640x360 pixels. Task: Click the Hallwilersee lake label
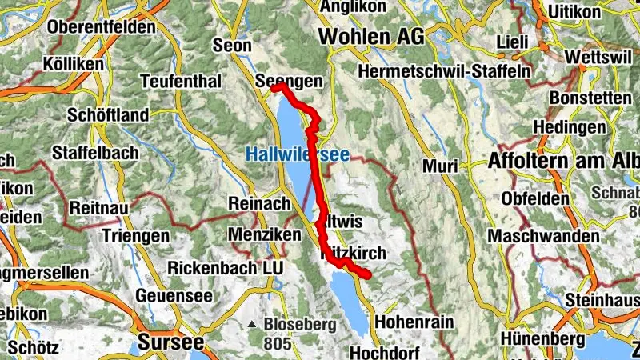pyautogui.click(x=298, y=154)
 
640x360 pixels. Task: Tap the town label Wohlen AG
pyautogui.click(x=371, y=36)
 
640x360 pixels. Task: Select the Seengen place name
pyautogui.click(x=289, y=82)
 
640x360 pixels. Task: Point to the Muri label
pyautogui.click(x=441, y=166)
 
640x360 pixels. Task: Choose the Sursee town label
pyautogui.click(x=170, y=342)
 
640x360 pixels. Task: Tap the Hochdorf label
pyautogui.click(x=386, y=352)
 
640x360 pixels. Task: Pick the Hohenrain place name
pyautogui.click(x=414, y=322)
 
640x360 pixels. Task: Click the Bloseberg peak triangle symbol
pyautogui.click(x=252, y=325)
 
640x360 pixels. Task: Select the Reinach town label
pyautogui.click(x=259, y=204)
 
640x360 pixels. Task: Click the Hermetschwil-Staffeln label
pyautogui.click(x=446, y=70)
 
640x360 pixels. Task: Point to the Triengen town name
pyautogui.click(x=136, y=236)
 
